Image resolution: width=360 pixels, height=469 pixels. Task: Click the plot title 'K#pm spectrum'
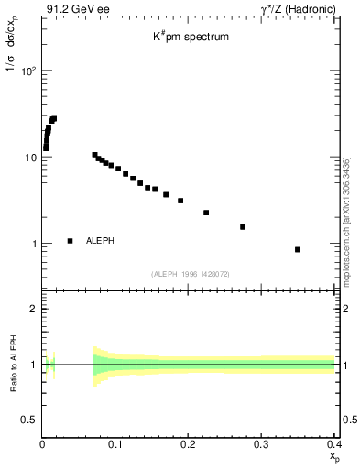191,38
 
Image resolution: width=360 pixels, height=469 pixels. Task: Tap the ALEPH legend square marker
70,241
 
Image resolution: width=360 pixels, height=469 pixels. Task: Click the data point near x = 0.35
298,249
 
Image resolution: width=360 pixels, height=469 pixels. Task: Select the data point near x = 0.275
243,226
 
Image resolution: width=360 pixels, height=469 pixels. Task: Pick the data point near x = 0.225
206,213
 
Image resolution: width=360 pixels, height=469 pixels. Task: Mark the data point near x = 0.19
180,201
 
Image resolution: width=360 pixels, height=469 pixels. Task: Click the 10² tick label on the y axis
27,71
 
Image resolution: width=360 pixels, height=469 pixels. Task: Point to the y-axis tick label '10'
29,158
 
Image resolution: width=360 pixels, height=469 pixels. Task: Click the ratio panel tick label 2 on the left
33,309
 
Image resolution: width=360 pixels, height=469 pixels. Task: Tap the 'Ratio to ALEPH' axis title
13,365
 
